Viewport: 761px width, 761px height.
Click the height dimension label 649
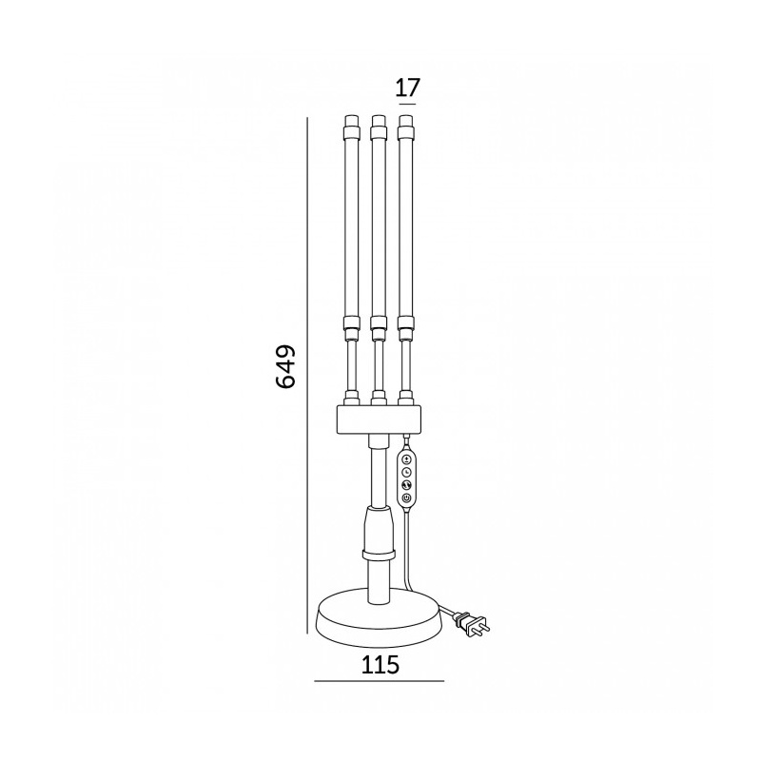pyautogui.click(x=285, y=367)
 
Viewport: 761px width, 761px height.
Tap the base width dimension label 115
pyautogui.click(x=380, y=664)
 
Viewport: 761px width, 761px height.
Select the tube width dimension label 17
pyautogui.click(x=407, y=88)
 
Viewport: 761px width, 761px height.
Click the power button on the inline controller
pyautogui.click(x=406, y=498)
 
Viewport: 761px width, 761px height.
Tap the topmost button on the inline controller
pyautogui.click(x=406, y=459)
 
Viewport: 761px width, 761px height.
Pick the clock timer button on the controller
pyautogui.click(x=406, y=471)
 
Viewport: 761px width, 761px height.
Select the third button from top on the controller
pyautogui.click(x=406, y=484)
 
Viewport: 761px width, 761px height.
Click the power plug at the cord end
pyautogui.click(x=470, y=624)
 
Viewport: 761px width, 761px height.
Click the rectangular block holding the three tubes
pyautogui.click(x=379, y=420)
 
